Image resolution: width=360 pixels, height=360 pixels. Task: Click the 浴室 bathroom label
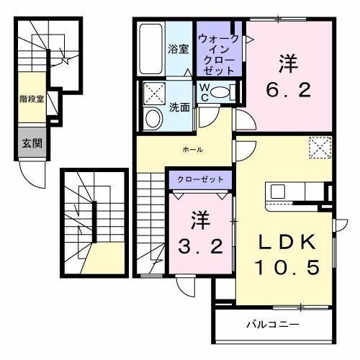[179, 49]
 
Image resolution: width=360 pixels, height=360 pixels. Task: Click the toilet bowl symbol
[221, 92]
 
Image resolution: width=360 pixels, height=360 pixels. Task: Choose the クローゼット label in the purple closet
[201, 179]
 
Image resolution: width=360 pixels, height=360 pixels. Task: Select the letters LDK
[283, 242]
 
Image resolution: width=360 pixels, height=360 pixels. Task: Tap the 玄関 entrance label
[31, 143]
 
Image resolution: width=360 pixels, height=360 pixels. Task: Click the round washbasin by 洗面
[153, 118]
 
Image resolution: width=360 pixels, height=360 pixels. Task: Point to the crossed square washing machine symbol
[153, 93]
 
